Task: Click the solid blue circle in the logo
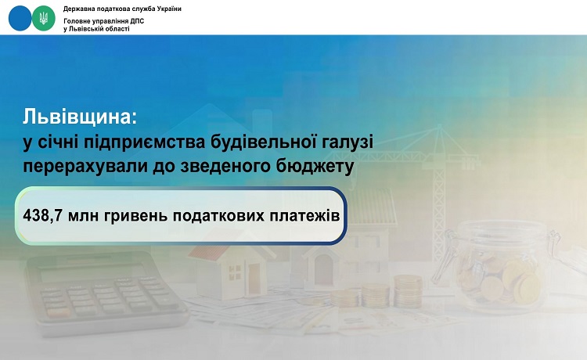(x=20, y=18)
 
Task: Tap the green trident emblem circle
(x=43, y=18)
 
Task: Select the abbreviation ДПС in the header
(x=137, y=21)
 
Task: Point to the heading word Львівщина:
(x=80, y=117)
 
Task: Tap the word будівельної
(x=261, y=142)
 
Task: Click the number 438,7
(x=42, y=216)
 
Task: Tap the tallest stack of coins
(x=408, y=291)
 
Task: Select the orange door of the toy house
(x=254, y=279)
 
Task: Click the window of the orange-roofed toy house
(x=235, y=272)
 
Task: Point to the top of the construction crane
(x=440, y=127)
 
